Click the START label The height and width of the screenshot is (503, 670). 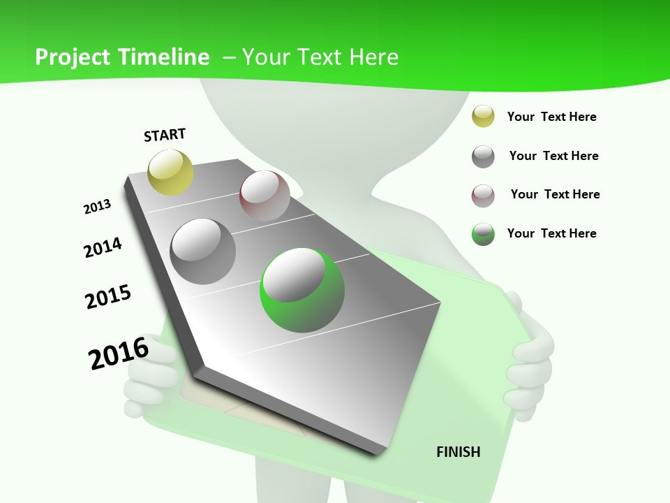[165, 135]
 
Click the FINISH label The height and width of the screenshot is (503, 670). [459, 452]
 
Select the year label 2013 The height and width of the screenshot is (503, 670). [97, 207]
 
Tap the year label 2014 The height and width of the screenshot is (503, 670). [103, 248]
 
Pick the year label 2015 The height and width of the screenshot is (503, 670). [108, 297]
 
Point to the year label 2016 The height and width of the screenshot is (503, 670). [119, 353]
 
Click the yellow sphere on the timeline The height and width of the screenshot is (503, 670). [170, 173]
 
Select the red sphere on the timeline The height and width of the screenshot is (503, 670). [265, 196]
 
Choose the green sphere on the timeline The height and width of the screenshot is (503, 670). [302, 290]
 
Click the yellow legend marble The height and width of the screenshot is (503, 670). [483, 117]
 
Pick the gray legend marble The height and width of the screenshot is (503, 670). [483, 156]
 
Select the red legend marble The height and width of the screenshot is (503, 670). [483, 196]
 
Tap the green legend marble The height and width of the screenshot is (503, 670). [483, 234]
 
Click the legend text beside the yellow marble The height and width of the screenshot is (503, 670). [551, 117]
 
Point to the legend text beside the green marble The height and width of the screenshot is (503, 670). [551, 233]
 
